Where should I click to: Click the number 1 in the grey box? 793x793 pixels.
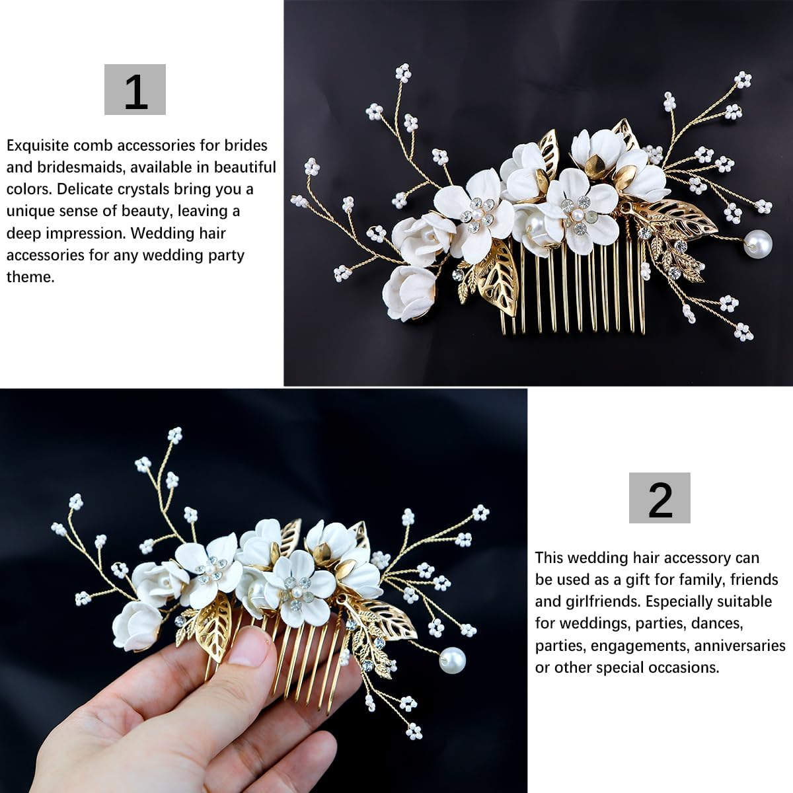(135, 91)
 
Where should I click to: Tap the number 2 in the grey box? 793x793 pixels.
(660, 500)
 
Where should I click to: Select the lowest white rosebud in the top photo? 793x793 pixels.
(406, 291)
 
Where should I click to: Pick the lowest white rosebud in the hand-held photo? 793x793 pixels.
(137, 624)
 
